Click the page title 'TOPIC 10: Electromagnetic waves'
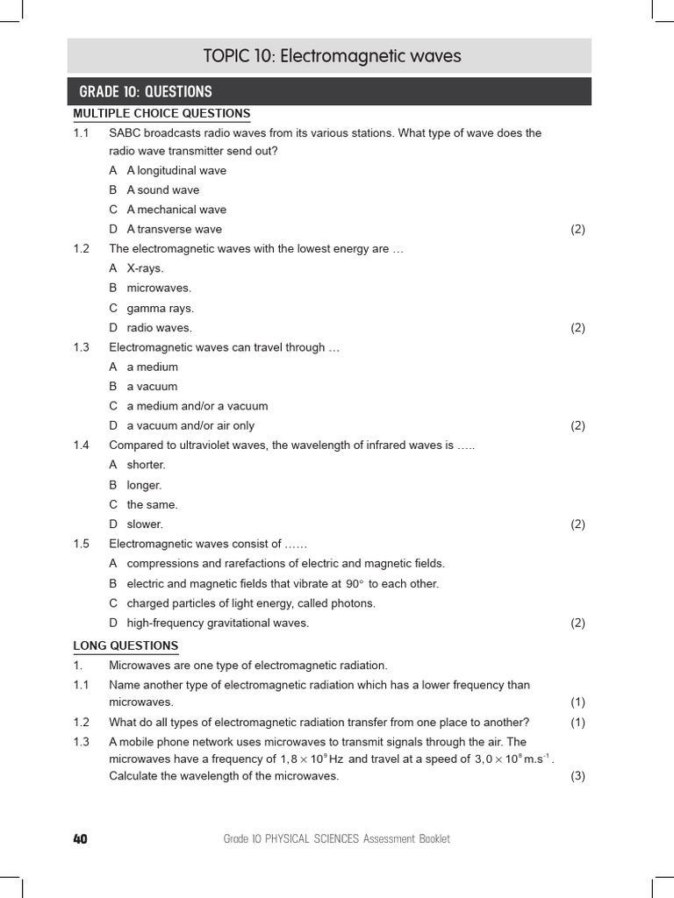(332, 57)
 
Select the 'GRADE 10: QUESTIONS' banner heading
(146, 92)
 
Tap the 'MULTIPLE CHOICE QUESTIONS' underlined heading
(161, 114)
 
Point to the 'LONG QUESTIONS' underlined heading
(125, 646)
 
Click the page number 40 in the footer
(80, 839)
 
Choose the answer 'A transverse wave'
(174, 229)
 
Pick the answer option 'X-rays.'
(145, 268)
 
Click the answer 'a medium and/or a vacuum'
(197, 406)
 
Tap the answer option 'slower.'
(145, 524)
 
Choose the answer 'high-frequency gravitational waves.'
(218, 624)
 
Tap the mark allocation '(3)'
(577, 776)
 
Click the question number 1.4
(82, 445)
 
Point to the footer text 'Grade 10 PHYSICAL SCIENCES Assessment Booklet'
(337, 839)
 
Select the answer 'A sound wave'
(162, 189)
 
